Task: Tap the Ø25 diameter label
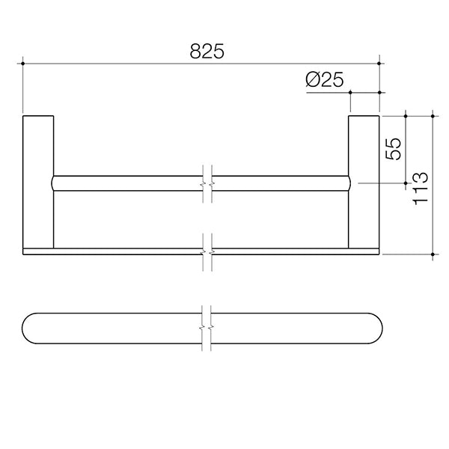[x=326, y=80]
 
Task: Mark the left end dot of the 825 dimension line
[x=24, y=65]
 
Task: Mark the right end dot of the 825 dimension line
[x=379, y=65]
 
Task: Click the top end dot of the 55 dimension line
[x=405, y=115]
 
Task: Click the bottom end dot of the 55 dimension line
[x=405, y=183]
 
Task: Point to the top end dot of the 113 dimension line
[x=433, y=115]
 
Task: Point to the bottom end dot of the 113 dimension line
[x=433, y=255]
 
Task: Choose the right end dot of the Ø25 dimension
[x=379, y=94]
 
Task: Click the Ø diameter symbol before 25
[x=314, y=80]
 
